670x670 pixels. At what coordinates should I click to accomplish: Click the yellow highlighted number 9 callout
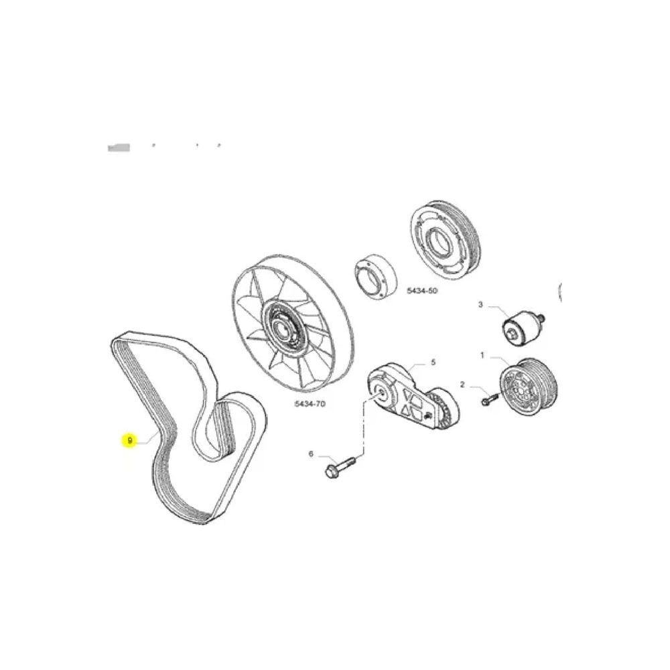129,440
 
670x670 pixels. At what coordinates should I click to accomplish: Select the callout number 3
480,305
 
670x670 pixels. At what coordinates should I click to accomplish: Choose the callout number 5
432,362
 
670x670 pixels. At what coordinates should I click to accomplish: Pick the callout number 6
311,454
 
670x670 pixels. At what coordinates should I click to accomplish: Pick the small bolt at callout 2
488,399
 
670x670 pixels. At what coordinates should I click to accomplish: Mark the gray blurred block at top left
119,146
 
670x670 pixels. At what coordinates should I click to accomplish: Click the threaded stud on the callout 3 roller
541,318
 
